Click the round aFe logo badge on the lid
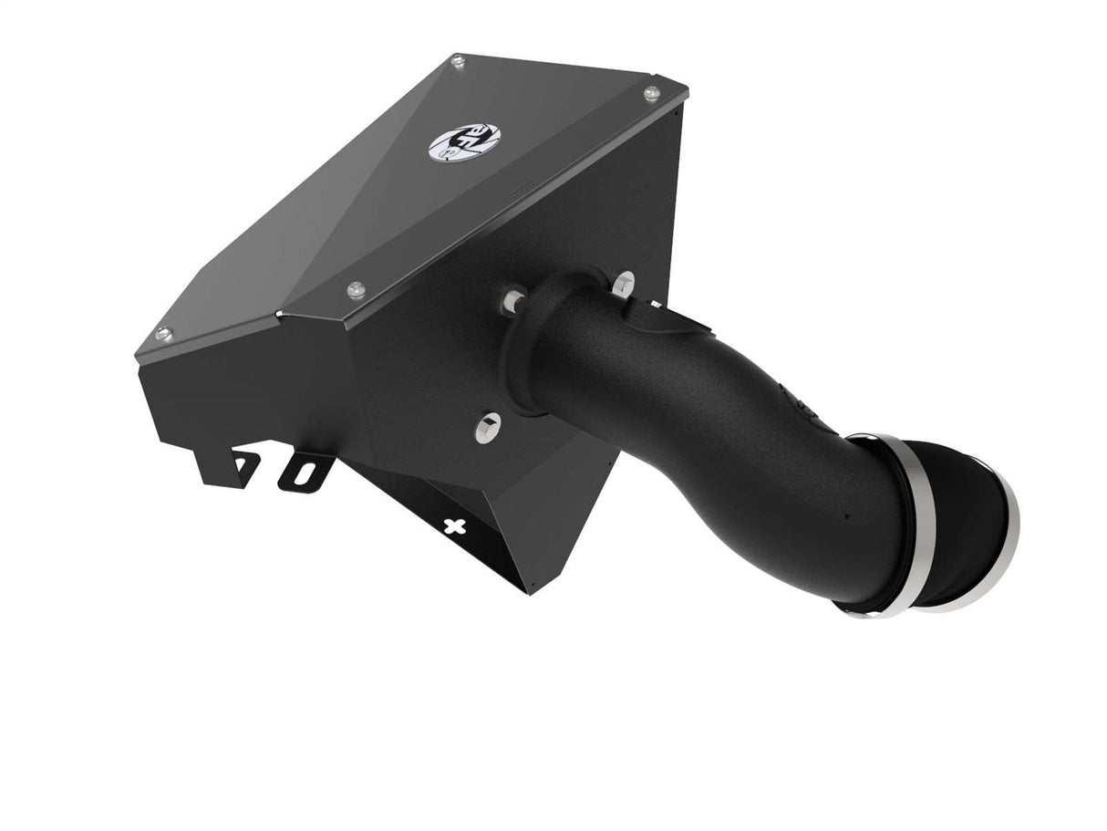pos(451,142)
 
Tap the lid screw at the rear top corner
pos(457,61)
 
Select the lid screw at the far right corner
pos(651,93)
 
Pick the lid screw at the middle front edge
pos(357,290)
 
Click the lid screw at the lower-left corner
pos(164,335)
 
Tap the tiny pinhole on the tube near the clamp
pos(847,516)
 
